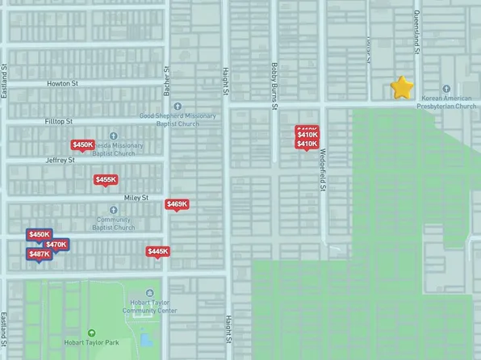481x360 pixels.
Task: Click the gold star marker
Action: [402, 87]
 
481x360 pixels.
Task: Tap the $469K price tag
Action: [177, 204]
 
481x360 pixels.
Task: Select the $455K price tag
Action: [106, 180]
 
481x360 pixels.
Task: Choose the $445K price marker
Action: [158, 251]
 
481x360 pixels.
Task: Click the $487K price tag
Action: [39, 254]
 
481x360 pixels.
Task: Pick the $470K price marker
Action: [56, 245]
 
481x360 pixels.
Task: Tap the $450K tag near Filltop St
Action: [82, 145]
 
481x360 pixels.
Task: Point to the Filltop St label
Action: [58, 122]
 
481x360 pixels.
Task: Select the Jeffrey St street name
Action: [60, 160]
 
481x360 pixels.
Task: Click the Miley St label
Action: [136, 198]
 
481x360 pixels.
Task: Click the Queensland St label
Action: [416, 32]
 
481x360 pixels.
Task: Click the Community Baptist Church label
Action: [113, 223]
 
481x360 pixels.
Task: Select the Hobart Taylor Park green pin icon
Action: [91, 333]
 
